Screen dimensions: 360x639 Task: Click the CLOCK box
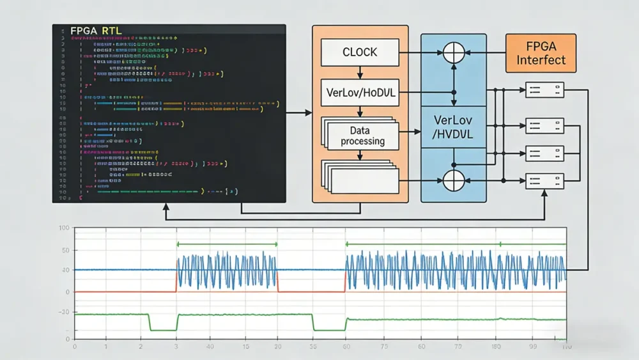pos(360,52)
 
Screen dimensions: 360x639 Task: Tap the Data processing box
pos(362,136)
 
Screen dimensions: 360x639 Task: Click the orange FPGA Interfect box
pos(541,52)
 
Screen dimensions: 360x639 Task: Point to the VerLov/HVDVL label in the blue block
pos(453,127)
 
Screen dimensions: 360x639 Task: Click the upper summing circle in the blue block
pos(453,52)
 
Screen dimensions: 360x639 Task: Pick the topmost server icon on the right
pos(544,90)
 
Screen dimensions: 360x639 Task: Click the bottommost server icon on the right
pos(544,181)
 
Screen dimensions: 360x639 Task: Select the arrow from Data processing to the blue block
pos(409,132)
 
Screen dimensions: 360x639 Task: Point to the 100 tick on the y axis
pos(64,228)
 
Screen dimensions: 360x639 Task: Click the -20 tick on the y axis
pos(64,312)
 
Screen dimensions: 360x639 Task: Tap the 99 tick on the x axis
pos(532,346)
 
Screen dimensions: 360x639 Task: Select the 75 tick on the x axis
pos(384,346)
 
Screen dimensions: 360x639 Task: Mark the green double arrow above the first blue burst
pos(227,244)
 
